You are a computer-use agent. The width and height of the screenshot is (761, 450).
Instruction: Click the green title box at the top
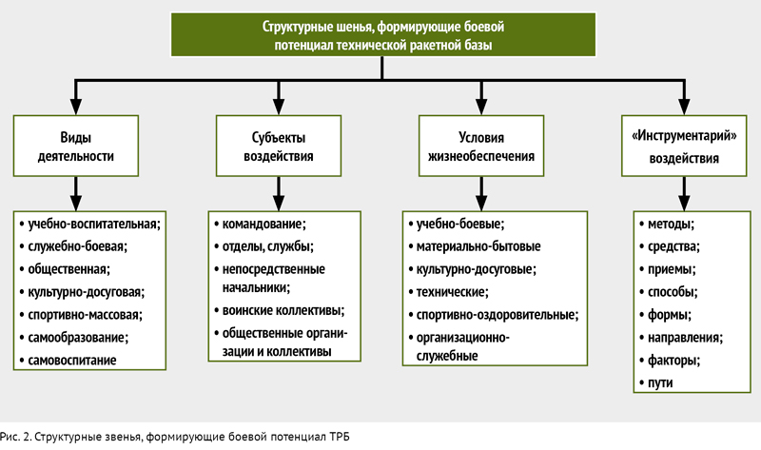(x=383, y=35)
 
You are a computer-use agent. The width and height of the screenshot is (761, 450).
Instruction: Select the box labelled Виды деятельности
(x=76, y=146)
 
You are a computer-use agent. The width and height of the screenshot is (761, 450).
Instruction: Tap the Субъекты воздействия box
(x=279, y=146)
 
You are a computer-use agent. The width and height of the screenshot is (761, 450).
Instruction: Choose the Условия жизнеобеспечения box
(x=481, y=146)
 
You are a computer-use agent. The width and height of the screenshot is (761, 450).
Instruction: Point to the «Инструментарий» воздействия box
(x=684, y=146)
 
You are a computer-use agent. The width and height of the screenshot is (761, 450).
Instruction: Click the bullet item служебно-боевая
(x=77, y=246)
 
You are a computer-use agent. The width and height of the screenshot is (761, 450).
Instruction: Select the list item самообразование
(x=78, y=338)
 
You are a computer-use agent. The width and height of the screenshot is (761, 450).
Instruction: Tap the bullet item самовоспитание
(x=72, y=361)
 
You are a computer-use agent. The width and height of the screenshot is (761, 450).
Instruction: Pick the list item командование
(x=264, y=225)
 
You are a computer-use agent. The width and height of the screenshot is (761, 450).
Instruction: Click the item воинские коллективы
(x=283, y=310)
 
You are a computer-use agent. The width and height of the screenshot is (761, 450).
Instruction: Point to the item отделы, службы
(x=268, y=246)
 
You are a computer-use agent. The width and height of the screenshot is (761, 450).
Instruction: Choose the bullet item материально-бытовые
(x=478, y=246)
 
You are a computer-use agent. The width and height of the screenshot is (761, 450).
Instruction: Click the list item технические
(x=453, y=292)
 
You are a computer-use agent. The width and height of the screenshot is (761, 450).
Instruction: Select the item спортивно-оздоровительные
(x=498, y=315)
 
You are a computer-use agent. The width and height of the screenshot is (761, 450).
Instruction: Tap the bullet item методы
(x=671, y=225)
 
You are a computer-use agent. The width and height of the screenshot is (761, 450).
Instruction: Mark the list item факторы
(x=673, y=361)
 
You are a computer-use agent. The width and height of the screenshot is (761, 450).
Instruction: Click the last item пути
(x=660, y=383)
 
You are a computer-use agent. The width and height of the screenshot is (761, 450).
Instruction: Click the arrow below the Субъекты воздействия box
(x=279, y=194)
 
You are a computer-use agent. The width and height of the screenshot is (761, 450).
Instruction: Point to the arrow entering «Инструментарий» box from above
(x=684, y=98)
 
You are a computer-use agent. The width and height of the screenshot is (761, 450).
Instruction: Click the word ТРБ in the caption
(x=340, y=437)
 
